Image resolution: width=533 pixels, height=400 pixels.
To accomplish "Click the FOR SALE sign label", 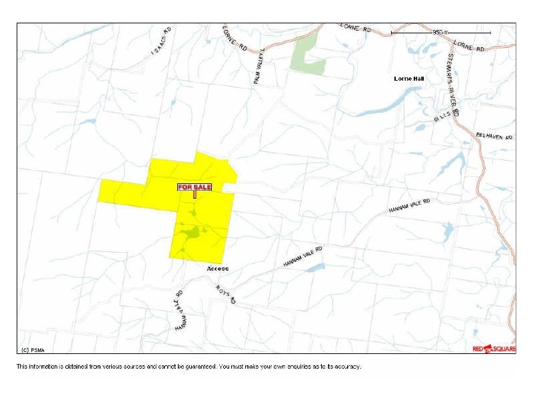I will click(x=195, y=187).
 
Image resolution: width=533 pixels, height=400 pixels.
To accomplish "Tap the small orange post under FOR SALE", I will click(x=195, y=195).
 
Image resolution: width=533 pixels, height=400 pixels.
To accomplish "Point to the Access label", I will click(x=217, y=269).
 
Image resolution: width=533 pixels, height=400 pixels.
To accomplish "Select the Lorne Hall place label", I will click(x=409, y=79).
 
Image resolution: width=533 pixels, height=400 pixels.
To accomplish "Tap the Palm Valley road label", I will click(x=259, y=65).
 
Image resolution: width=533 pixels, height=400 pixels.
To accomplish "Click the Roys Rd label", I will click(x=226, y=294).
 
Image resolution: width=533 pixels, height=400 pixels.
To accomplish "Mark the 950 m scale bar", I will click(x=440, y=32).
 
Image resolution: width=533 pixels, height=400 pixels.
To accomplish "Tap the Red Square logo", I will click(x=493, y=349).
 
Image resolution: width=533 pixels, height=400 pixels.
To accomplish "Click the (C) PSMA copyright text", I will click(x=33, y=349).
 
